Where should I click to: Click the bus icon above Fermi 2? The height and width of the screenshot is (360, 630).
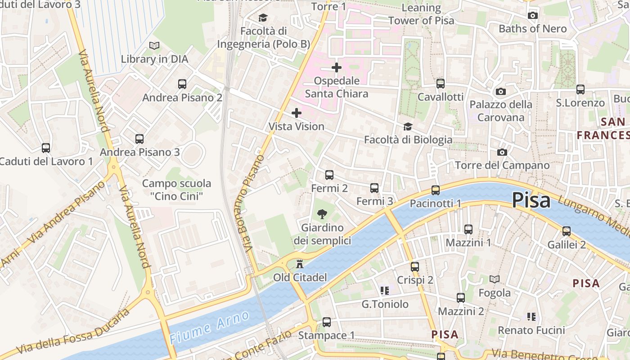tap(329, 175)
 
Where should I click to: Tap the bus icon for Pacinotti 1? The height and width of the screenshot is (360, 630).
tap(435, 190)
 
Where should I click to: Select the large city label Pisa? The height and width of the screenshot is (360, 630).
tap(531, 200)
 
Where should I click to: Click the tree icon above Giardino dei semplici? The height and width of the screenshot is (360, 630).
tap(322, 214)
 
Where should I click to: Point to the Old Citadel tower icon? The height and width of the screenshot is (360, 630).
tap(300, 264)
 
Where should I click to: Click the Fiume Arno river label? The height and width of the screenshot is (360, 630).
tap(210, 327)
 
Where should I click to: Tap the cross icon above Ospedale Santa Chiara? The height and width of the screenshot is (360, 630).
tap(337, 68)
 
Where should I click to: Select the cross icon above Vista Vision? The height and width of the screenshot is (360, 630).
tap(297, 113)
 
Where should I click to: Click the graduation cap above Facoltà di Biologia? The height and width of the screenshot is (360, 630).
tap(408, 127)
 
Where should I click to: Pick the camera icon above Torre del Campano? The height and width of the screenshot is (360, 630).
tap(502, 153)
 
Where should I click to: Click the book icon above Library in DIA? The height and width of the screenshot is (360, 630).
tap(154, 46)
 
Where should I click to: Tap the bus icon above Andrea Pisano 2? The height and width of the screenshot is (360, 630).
tap(182, 84)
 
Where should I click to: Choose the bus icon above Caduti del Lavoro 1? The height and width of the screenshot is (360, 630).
tap(46, 148)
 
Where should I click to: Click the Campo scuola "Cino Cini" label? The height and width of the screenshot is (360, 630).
tap(176, 190)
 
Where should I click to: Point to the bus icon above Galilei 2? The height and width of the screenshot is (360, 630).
tap(567, 231)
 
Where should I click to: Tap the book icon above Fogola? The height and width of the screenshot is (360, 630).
tap(495, 279)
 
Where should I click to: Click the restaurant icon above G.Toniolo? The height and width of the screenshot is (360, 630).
tap(384, 291)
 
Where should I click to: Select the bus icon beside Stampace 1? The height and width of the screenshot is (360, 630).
tap(327, 322)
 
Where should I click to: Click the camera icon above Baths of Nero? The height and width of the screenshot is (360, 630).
tap(533, 16)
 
